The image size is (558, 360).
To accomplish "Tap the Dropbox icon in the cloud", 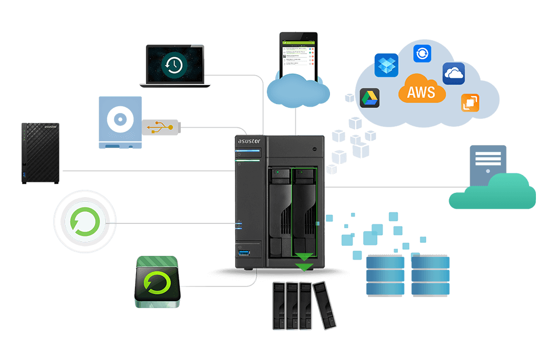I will tap(386, 65).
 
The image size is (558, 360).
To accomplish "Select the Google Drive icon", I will tap(370, 98).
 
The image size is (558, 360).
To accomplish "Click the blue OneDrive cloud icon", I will tap(453, 73).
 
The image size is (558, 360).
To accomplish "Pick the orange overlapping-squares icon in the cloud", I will tap(470, 102).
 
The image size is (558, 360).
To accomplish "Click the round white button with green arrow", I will tap(84, 223).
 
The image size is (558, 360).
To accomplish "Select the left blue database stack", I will tap(385, 275).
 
